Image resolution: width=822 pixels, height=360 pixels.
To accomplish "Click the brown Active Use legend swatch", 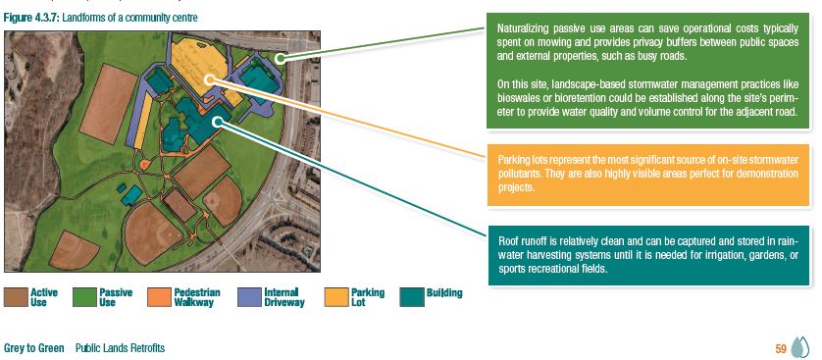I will tap(15, 296).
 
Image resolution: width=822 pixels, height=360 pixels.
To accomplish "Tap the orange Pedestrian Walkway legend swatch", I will tap(159, 296).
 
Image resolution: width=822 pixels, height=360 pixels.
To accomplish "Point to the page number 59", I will tap(781, 348).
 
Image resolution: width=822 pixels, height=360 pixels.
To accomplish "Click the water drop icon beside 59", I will tap(799, 347).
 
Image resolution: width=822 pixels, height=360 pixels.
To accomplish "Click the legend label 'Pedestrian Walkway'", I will tap(197, 297).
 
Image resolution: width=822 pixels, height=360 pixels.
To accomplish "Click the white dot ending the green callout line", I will tap(280, 58).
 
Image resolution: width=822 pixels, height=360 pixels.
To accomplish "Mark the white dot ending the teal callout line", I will tap(216, 122).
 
